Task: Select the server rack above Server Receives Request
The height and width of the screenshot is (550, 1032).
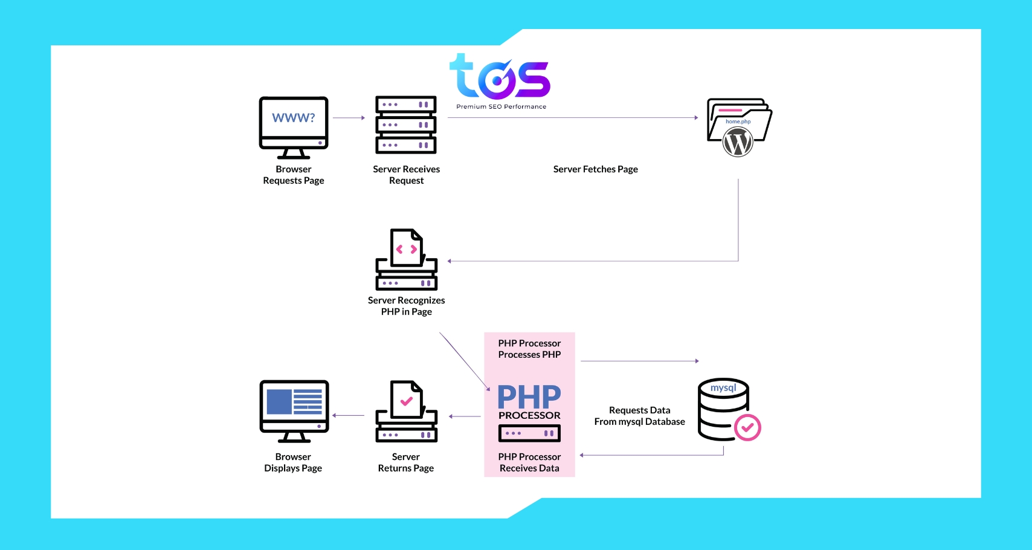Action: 406,125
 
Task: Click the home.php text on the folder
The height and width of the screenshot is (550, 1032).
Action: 738,121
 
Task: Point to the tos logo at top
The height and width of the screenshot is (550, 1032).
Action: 500,77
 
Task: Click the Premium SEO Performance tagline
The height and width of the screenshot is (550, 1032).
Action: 501,107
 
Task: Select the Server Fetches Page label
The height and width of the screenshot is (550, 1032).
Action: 595,169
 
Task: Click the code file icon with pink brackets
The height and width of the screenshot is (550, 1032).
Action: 407,248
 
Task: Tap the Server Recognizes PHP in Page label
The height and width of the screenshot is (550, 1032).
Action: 406,306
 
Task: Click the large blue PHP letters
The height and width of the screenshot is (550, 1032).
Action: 529,397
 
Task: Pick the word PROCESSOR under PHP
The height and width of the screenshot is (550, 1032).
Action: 529,416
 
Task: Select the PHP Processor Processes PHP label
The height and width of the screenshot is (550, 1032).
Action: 529,349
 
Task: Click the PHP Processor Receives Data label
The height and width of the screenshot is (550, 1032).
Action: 529,462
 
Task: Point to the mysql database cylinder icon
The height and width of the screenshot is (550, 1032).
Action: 723,409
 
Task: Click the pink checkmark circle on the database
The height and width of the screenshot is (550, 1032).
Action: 747,428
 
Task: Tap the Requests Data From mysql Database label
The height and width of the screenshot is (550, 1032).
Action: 639,416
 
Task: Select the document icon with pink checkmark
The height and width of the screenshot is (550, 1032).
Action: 407,400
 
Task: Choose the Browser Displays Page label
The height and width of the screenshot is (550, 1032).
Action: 293,462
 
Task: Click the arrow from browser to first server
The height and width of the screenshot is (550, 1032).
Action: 349,118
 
